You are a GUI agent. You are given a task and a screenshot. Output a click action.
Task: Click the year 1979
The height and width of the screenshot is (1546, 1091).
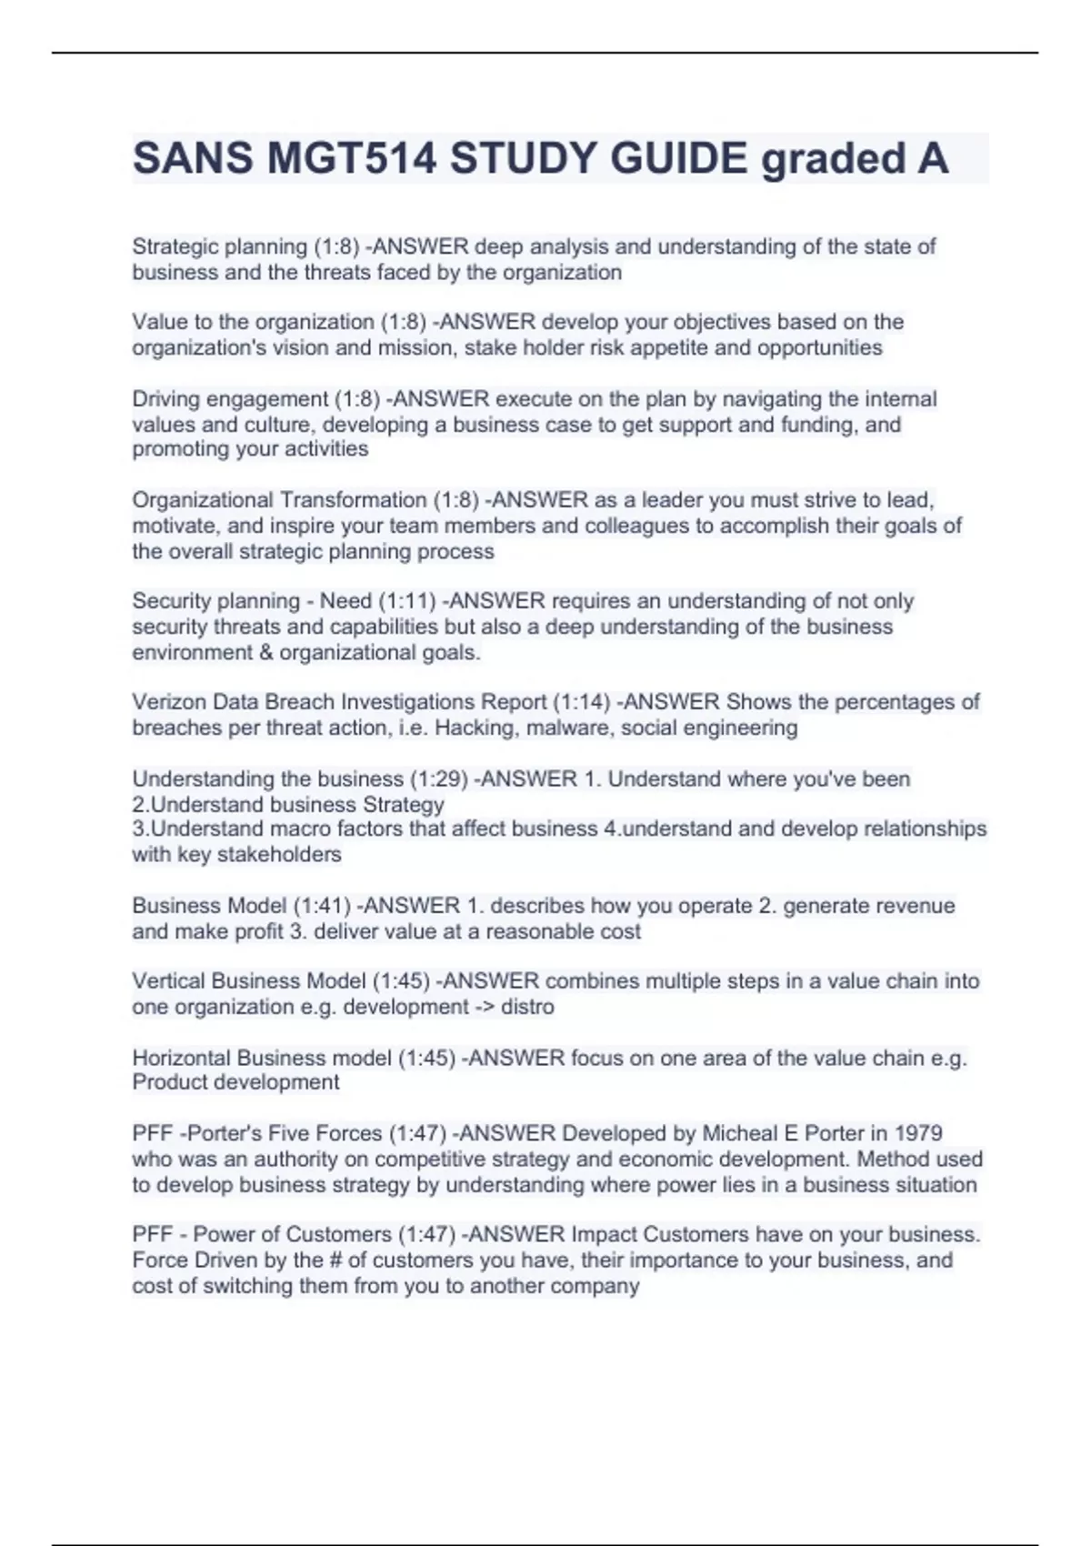click(918, 1133)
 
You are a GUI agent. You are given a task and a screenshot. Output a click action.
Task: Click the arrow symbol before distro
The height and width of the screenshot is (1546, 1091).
click(485, 1007)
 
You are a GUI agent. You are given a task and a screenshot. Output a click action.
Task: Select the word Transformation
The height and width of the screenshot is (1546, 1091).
click(353, 500)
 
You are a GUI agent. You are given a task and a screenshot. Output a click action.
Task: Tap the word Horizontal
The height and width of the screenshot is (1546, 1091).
click(181, 1058)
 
